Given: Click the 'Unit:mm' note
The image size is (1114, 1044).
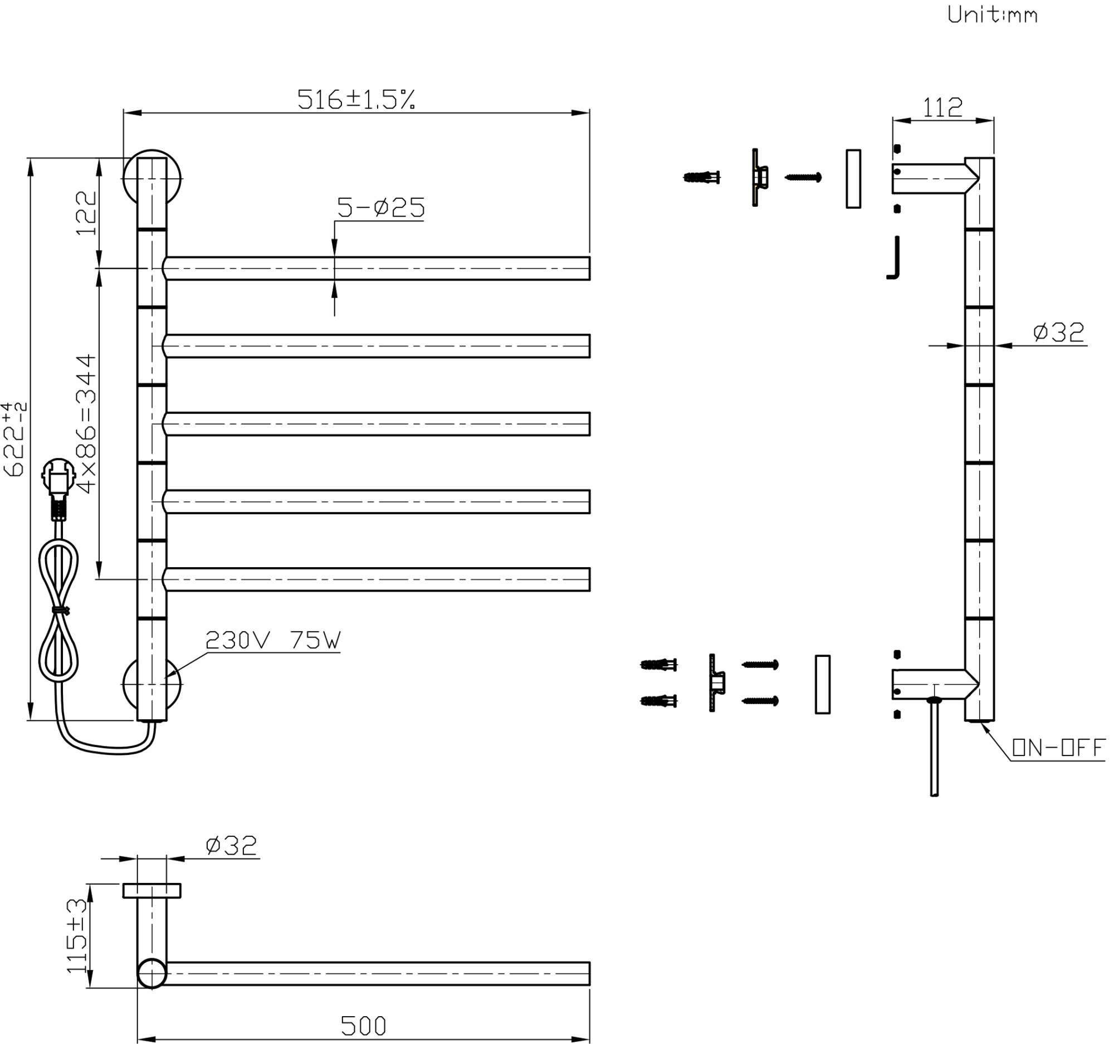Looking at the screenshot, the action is pos(992,14).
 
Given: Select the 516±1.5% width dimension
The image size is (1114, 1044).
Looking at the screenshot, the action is pos(356,99).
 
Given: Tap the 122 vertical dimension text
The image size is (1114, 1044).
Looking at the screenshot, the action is pos(86,213).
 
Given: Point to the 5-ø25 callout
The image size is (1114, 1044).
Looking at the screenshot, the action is pos(380,207).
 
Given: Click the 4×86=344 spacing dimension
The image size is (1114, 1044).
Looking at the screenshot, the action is pos(86,423).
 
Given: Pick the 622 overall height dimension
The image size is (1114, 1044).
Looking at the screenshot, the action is pos(14,440).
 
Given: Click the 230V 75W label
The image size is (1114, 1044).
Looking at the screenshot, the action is pos(273,640).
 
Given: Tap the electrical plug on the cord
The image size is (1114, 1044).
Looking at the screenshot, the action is pos(58,488).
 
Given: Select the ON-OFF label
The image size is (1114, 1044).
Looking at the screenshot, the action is pos(1058,748).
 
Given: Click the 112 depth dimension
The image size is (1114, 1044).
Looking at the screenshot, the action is pos(942,107).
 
